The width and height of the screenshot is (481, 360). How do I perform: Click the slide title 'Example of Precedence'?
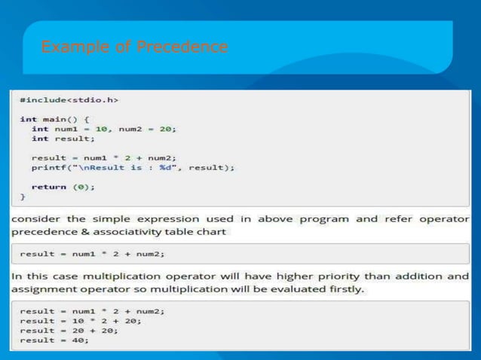coord(134,47)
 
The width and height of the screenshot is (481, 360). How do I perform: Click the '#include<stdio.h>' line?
coord(69,99)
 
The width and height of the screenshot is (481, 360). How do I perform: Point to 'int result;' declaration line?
coord(63,138)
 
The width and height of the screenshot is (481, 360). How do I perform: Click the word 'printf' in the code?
coord(46,167)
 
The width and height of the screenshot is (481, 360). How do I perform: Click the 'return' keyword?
coord(47,187)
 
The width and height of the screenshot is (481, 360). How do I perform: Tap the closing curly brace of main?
coord(23,197)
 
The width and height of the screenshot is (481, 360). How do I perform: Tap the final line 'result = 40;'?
coord(54,340)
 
